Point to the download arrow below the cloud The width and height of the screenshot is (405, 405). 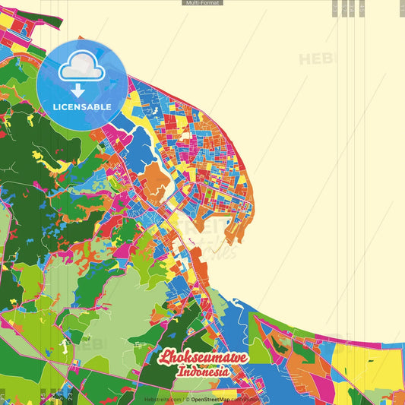79,90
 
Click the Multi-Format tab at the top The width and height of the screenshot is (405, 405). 202,3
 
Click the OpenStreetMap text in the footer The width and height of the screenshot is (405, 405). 212,398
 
